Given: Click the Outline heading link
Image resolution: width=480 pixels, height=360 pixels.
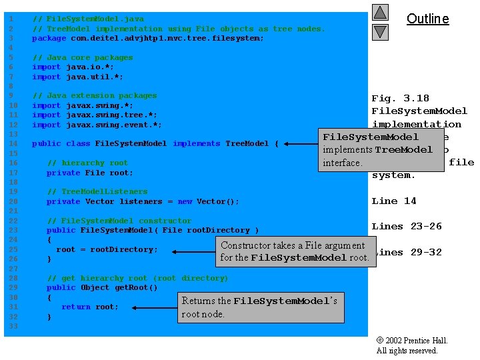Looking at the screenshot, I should coord(427,19).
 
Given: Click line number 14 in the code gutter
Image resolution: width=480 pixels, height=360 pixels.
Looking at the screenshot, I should coord(11,143).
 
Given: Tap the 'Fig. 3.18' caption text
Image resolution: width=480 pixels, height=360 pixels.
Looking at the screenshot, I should coord(400,98).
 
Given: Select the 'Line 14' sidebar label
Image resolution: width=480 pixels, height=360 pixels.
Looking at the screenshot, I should coord(393,201).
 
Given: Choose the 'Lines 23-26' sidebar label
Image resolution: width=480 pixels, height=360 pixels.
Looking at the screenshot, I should coord(407,226).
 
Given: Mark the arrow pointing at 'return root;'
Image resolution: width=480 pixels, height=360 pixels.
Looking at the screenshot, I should coord(153,307).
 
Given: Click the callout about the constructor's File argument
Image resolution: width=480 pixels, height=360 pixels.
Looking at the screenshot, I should coord(295,251).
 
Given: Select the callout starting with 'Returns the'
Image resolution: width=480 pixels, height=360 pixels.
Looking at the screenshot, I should coord(260,307).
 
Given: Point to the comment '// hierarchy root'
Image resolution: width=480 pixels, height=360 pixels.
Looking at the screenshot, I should coord(87,163).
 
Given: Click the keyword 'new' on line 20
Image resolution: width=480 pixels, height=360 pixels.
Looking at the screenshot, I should coord(185,201).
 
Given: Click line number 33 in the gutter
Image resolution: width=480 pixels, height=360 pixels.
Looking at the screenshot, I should coord(11,326).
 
